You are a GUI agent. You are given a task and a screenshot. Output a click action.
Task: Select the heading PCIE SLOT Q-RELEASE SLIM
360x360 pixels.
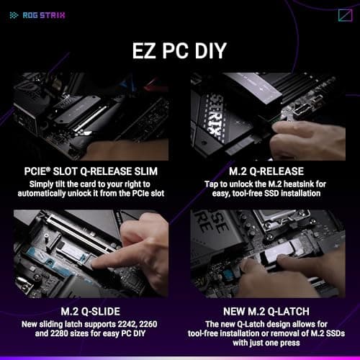click(91, 171)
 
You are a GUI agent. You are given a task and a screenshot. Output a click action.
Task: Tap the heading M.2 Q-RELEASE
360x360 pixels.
click(269, 171)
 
